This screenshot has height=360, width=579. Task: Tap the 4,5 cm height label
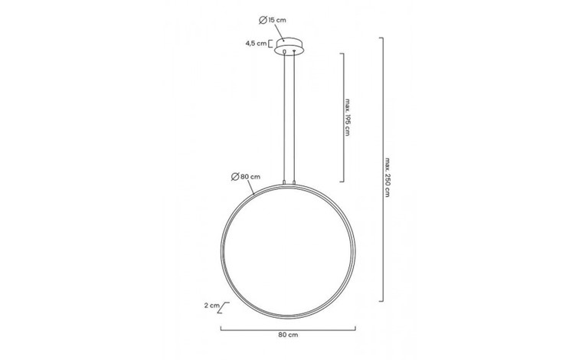pos(255,44)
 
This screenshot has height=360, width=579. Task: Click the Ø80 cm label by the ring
pos(245,177)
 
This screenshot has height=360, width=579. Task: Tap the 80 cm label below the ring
pos(289,335)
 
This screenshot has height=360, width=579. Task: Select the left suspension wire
pos(283,115)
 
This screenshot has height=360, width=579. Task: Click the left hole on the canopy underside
pos(284,52)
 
